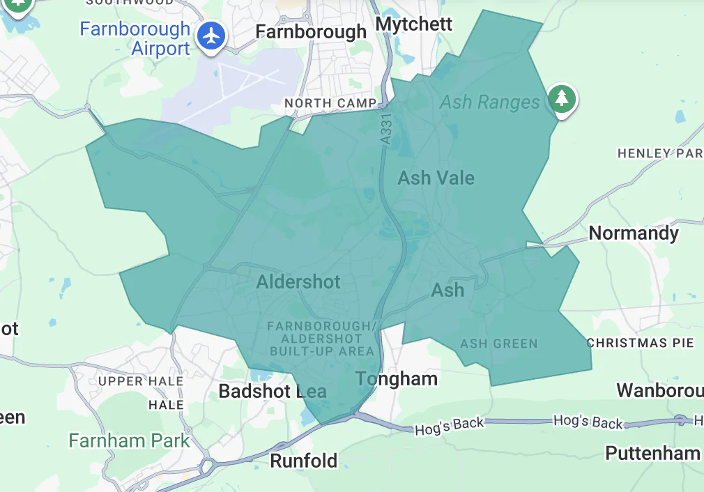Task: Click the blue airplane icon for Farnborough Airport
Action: (211, 36)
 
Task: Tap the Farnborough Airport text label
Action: (135, 39)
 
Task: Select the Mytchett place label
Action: (414, 24)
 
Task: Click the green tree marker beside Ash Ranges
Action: (561, 98)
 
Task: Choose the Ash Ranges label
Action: (490, 102)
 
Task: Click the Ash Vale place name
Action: (436, 178)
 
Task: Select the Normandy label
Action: (634, 233)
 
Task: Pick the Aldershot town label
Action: (298, 282)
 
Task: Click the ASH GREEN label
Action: (499, 344)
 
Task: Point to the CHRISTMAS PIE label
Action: (640, 343)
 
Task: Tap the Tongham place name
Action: (397, 379)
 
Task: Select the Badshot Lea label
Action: (273, 391)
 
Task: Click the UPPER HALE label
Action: (141, 381)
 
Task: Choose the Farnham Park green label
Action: (129, 440)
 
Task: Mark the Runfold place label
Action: (303, 461)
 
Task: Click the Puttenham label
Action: (652, 453)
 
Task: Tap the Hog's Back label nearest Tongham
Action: (449, 426)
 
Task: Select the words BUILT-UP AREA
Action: (323, 351)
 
